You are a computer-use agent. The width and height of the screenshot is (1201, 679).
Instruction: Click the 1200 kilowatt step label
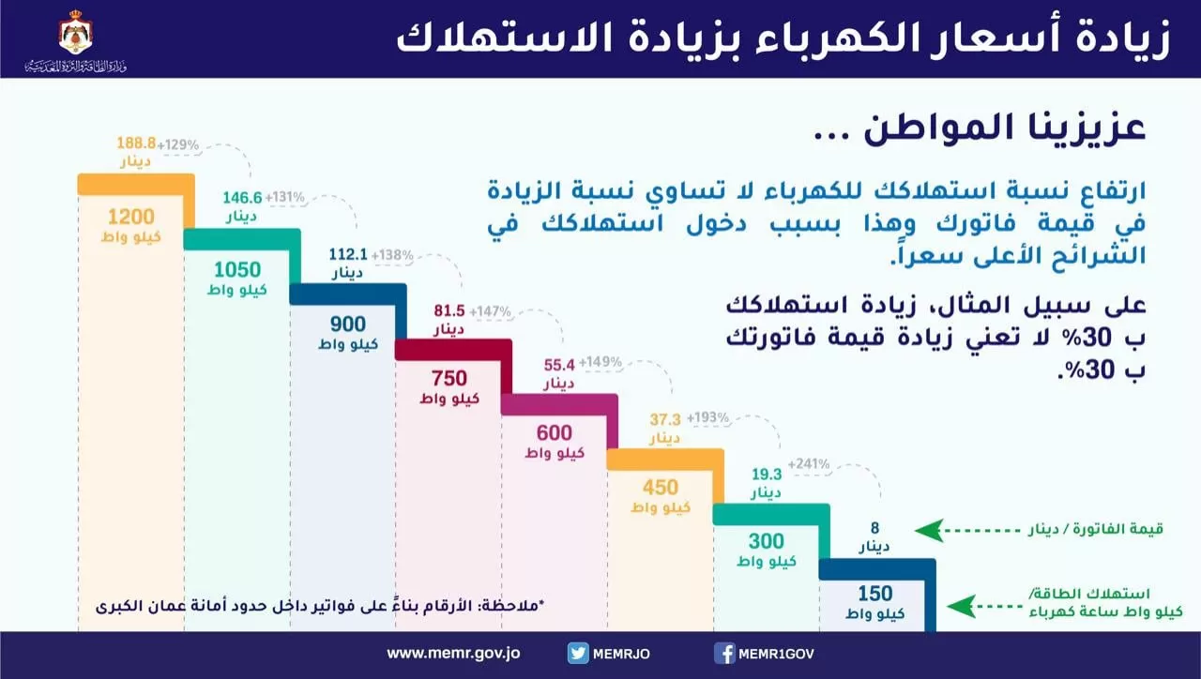pyautogui.click(x=130, y=222)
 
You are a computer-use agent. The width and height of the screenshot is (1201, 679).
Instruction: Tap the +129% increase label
pyautogui.click(x=178, y=144)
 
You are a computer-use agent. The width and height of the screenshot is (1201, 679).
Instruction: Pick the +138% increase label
pyautogui.click(x=392, y=254)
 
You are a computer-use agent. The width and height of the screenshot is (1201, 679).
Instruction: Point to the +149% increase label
pyautogui.click(x=600, y=362)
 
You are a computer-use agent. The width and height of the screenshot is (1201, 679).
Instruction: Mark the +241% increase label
pyautogui.click(x=809, y=463)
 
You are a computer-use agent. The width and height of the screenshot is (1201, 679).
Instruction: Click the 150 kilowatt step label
pyautogui.click(x=874, y=602)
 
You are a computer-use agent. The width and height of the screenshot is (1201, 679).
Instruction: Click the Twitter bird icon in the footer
pyautogui.click(x=578, y=654)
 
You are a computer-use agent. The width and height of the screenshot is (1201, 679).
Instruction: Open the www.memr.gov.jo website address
pyautogui.click(x=455, y=654)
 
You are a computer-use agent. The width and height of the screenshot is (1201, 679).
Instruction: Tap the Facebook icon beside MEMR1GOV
pyautogui.click(x=724, y=654)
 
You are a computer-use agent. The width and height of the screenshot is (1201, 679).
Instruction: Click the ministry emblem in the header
pyautogui.click(x=75, y=33)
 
